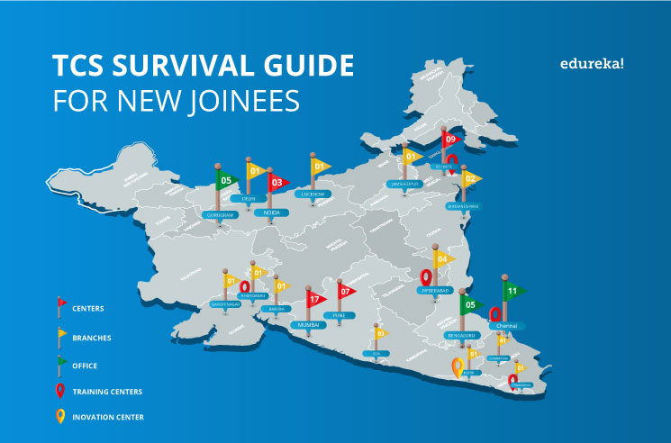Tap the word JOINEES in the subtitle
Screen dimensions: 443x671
[248, 101]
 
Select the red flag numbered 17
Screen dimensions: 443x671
[315, 299]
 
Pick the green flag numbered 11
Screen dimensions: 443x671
[512, 291]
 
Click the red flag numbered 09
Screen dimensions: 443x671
[450, 139]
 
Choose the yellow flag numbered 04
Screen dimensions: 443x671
[442, 259]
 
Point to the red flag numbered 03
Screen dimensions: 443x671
[278, 183]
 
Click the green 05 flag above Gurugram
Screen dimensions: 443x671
[228, 179]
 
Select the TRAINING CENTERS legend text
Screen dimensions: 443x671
[107, 392]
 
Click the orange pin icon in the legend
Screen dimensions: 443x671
[60, 416]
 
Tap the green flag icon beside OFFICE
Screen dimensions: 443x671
[62, 364]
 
